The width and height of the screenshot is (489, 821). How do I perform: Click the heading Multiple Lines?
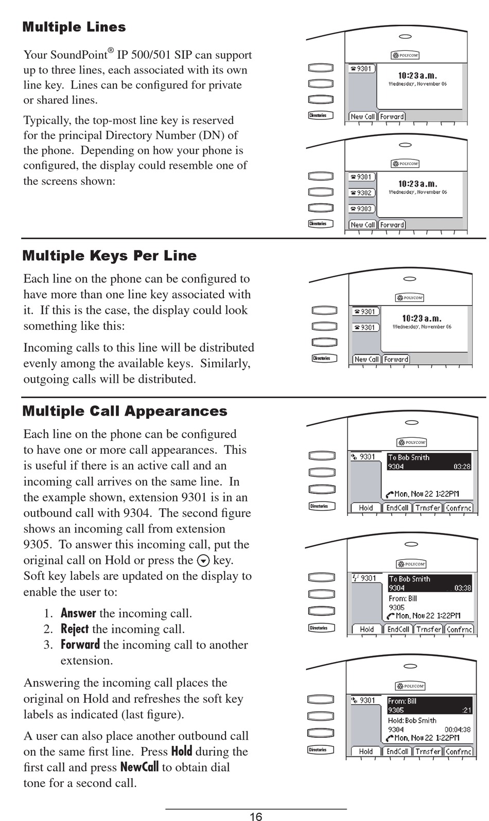pyautogui.click(x=74, y=27)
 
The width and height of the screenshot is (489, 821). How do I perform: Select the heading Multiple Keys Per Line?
pyautogui.click(x=109, y=256)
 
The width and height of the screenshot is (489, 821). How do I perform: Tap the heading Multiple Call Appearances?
pyautogui.click(x=125, y=412)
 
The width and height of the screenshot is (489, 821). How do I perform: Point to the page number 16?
pyautogui.click(x=256, y=816)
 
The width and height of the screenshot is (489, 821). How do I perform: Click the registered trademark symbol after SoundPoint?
pyautogui.click(x=111, y=50)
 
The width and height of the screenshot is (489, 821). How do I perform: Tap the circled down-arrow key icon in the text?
pyautogui.click(x=203, y=561)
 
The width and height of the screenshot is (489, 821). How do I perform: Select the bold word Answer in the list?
pyautogui.click(x=78, y=613)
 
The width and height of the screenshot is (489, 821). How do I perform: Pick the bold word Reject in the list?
pyautogui.click(x=75, y=629)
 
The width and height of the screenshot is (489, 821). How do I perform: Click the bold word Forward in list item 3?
pyautogui.click(x=80, y=645)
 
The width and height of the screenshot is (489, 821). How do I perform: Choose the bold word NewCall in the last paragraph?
pyautogui.click(x=139, y=768)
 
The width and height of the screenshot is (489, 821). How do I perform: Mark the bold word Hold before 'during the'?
pyautogui.click(x=182, y=752)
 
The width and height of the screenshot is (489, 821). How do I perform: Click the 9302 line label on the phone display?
pyautogui.click(x=361, y=193)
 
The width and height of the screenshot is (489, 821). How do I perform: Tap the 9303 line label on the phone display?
pyautogui.click(x=361, y=209)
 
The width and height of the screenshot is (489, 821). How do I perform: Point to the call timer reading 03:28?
pyautogui.click(x=462, y=467)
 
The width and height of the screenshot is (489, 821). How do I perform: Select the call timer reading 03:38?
pyautogui.click(x=462, y=588)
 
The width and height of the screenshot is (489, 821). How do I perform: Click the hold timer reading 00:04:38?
pyautogui.click(x=458, y=729)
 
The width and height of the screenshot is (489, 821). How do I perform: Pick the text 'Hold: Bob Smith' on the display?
pyautogui.click(x=412, y=721)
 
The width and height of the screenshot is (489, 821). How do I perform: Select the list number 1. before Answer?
pyautogui.click(x=48, y=613)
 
